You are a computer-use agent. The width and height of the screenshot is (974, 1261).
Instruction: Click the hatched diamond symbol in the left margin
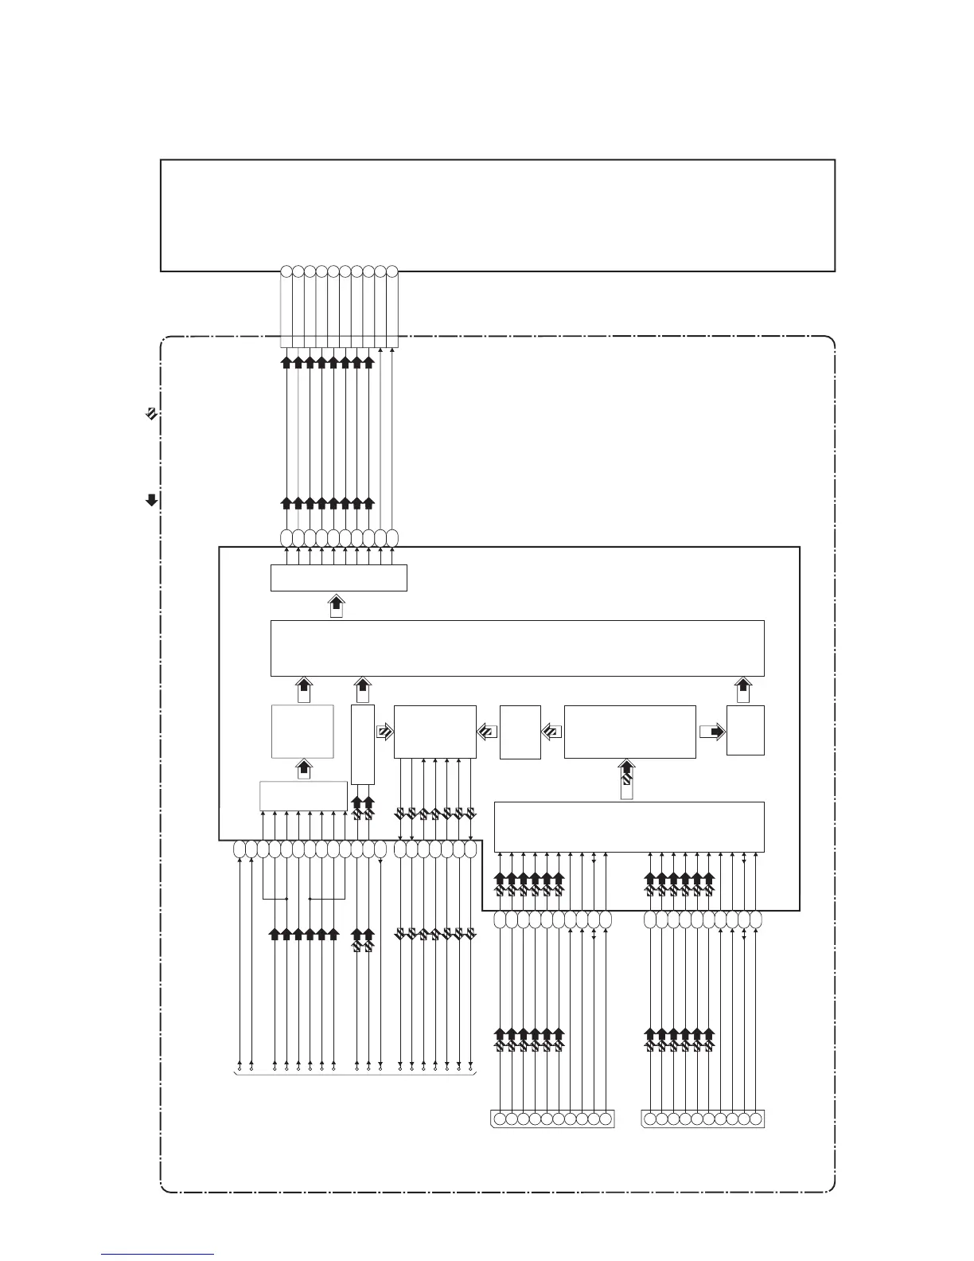coord(150,413)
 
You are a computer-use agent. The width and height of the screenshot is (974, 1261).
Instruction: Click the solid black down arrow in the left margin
coord(150,501)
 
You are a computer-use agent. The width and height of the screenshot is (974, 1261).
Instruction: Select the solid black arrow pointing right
coord(712,732)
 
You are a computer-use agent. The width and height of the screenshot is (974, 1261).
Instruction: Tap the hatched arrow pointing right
coord(384,732)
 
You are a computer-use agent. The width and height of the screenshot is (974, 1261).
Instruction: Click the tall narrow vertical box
coord(362,744)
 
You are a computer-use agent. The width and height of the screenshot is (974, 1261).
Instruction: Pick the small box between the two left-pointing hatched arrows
coord(520,732)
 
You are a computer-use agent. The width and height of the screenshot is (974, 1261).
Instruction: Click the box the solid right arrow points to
coord(746,730)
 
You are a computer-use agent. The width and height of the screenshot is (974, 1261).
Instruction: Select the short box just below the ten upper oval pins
coord(338,577)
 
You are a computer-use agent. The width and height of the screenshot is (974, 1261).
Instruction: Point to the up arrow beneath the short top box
coord(337,606)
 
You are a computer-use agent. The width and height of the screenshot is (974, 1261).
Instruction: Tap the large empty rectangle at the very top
coord(497,215)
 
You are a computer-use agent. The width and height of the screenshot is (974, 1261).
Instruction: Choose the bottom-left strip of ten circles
coord(552,1119)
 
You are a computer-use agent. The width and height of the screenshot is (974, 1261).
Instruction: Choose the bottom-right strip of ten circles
coord(703,1119)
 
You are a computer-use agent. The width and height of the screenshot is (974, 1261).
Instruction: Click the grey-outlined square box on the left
coord(302,731)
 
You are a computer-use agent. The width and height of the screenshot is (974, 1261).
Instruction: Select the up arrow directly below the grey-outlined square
coord(303,769)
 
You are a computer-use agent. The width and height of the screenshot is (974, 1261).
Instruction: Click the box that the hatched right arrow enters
coord(434,731)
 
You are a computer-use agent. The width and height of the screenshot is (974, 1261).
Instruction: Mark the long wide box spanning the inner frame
coord(517,648)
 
